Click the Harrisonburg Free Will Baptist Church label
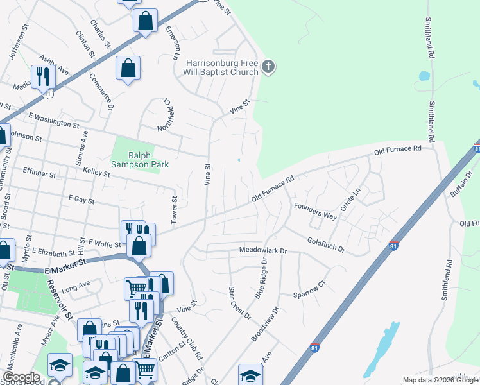pos(222,67)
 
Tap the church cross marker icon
pos(269,66)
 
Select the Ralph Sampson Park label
pos(140,159)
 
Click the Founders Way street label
pos(315,212)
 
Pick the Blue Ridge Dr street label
pos(260,278)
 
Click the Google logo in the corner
pos(21,377)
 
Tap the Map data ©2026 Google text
pos(440,380)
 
